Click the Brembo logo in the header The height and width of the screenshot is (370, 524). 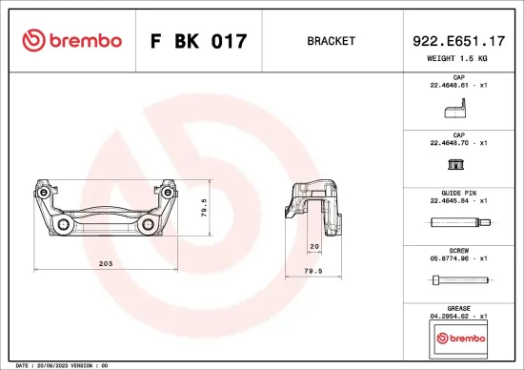71,41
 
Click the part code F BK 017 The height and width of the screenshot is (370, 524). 199,42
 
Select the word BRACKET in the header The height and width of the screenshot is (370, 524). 332,42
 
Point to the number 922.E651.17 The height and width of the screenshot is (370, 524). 458,41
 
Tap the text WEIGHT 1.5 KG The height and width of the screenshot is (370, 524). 458,58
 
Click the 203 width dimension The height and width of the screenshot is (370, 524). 106,262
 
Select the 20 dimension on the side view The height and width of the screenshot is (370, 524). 314,246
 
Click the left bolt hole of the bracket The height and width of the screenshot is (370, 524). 65,226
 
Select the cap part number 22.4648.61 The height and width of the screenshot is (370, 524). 449,85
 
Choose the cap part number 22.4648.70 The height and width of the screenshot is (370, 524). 449,142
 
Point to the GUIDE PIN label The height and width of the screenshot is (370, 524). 458,193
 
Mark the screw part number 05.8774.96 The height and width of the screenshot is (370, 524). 449,257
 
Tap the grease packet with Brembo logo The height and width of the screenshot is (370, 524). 458,338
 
